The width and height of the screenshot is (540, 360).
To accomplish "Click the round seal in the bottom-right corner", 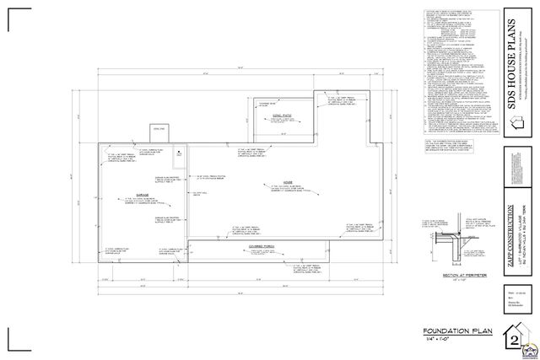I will [x=526, y=348].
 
